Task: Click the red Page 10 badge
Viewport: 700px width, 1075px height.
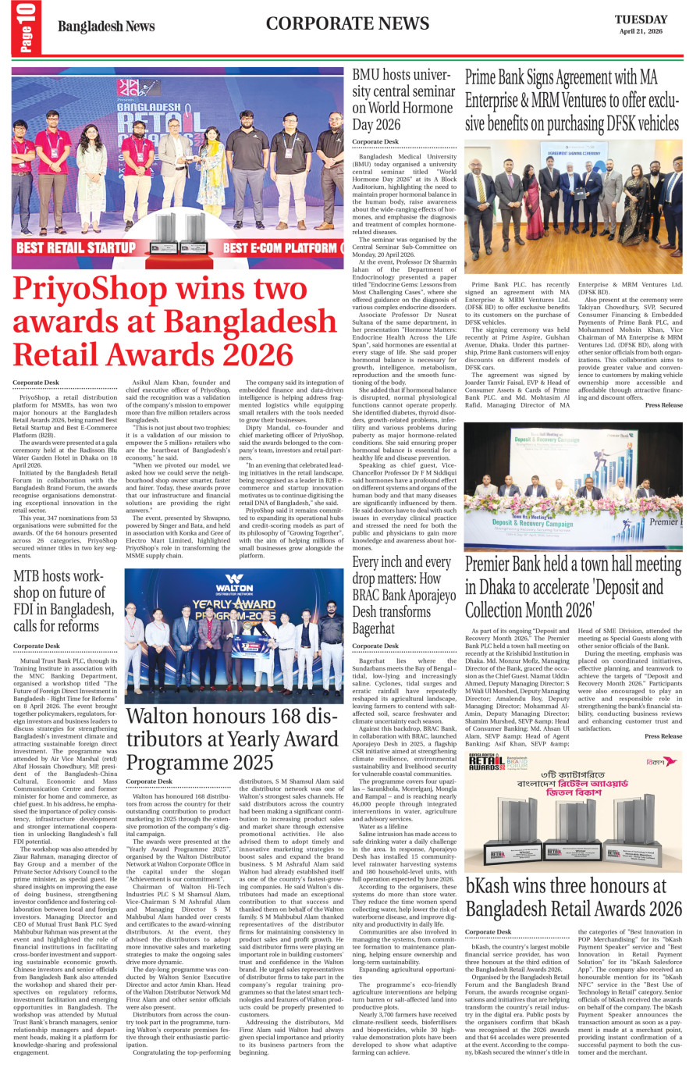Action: pyautogui.click(x=26, y=28)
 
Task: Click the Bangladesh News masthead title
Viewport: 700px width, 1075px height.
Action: pyautogui.click(x=106, y=27)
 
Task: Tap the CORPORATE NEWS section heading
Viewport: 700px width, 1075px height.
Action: pyautogui.click(x=347, y=23)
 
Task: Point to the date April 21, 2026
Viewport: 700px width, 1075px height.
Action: pyautogui.click(x=641, y=32)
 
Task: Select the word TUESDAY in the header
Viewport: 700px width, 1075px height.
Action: pyautogui.click(x=641, y=20)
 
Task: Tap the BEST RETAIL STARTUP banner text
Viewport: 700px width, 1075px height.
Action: pyautogui.click(x=76, y=248)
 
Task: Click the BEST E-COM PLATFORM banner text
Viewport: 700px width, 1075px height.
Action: pyautogui.click(x=280, y=248)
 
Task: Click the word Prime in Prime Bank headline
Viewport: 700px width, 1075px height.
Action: pyautogui.click(x=484, y=78)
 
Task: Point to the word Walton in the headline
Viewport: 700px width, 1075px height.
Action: pyautogui.click(x=160, y=717)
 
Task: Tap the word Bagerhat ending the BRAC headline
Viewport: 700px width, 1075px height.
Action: pyautogui.click(x=374, y=628)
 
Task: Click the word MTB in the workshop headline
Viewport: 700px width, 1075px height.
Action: pyautogui.click(x=30, y=576)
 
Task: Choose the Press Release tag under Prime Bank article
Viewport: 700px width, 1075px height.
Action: pyautogui.click(x=663, y=405)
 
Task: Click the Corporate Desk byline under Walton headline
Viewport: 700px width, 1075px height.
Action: pyautogui.click(x=149, y=781)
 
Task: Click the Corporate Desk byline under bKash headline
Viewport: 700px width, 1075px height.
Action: pyautogui.click(x=489, y=932)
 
